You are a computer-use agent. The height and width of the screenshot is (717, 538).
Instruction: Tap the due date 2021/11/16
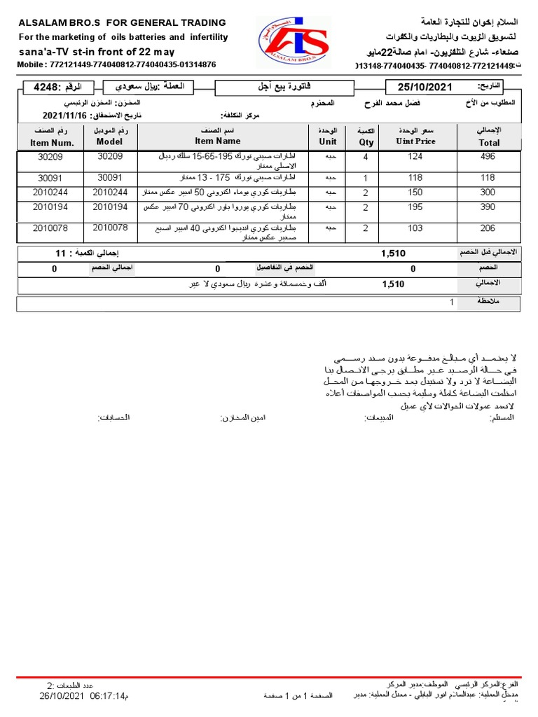point(64,116)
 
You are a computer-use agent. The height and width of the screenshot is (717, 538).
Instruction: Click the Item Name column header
point(217,141)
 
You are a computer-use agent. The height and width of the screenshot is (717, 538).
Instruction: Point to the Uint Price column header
point(415,141)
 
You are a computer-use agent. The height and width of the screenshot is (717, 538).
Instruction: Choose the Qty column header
point(366,141)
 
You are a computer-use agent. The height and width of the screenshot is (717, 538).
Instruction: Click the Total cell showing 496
point(488,157)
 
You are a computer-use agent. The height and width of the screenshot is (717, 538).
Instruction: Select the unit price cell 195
point(415,208)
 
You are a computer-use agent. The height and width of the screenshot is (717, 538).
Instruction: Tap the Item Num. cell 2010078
point(51,228)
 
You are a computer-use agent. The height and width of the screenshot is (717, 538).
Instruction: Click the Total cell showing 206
point(488,228)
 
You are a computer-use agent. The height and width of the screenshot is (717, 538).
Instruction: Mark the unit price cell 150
point(415,192)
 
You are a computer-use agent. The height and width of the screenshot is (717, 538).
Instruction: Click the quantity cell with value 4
point(366,157)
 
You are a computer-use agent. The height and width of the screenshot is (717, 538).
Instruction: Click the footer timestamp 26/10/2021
point(64,696)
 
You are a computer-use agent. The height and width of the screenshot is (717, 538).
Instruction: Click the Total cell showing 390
point(488,208)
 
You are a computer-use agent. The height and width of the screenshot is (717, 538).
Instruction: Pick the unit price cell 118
point(415,178)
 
